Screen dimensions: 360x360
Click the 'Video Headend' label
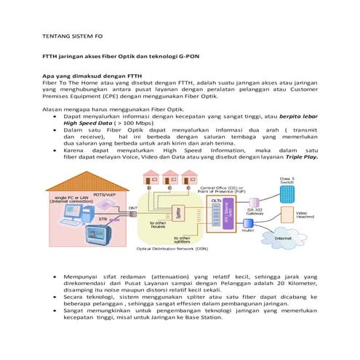click(x=305, y=215)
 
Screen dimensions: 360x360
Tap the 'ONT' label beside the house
click(x=134, y=208)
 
